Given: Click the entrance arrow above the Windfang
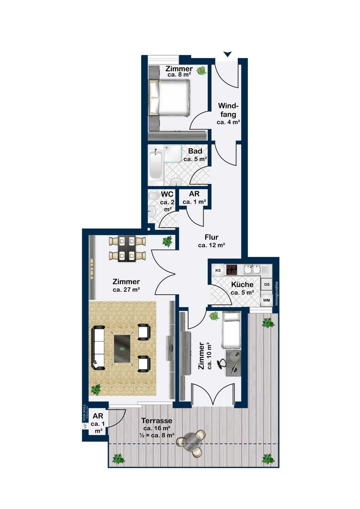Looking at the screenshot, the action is pyautogui.click(x=228, y=54).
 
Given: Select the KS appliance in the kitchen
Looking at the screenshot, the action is pyautogui.click(x=218, y=270).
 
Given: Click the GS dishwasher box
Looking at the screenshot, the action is pyautogui.click(x=267, y=284).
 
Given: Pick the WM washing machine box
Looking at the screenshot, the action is pyautogui.click(x=266, y=300).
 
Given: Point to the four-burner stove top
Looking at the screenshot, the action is pyautogui.click(x=232, y=270).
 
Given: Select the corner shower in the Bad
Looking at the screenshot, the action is pyautogui.click(x=173, y=154).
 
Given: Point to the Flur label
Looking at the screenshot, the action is pyautogui.click(x=212, y=237).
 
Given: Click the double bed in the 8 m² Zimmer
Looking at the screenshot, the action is pyautogui.click(x=170, y=98).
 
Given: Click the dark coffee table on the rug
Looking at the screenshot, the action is pyautogui.click(x=122, y=348).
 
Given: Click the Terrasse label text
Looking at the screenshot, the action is pyautogui.click(x=157, y=421).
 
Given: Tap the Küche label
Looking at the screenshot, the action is pyautogui.click(x=242, y=284).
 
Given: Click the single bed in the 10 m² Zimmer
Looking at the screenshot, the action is pyautogui.click(x=231, y=330).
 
